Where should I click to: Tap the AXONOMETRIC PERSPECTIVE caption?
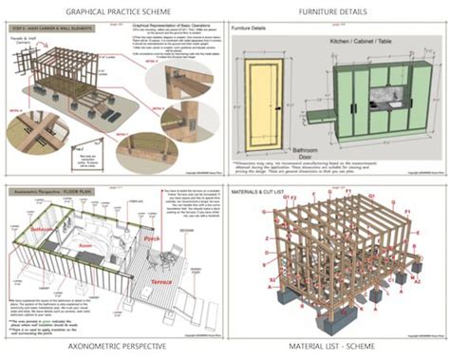click(113, 348)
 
